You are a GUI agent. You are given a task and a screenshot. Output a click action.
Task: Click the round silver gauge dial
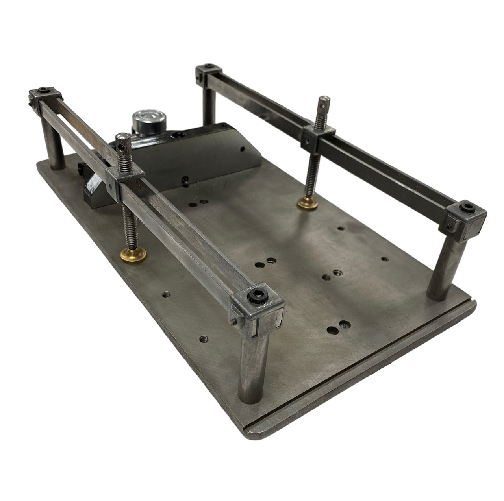143,118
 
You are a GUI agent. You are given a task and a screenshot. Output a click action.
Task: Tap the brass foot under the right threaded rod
308,203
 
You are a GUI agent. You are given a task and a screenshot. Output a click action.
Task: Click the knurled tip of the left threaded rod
120,142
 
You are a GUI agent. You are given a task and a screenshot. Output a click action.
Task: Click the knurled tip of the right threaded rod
323,104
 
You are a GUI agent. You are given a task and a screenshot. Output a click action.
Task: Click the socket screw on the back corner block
209,67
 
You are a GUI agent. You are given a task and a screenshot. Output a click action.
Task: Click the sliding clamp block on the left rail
126,180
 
